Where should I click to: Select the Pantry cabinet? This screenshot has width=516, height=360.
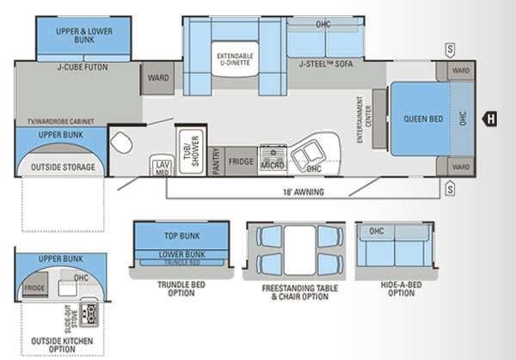pos(218,161)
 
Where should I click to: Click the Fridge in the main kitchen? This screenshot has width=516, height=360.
pos(242,161)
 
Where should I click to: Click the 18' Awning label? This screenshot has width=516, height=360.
pos(303,192)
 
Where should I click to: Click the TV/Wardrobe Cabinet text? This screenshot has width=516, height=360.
pos(60,122)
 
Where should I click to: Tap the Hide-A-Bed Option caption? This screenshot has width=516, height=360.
pos(395,288)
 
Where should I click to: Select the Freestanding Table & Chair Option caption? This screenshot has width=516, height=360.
pos(287,291)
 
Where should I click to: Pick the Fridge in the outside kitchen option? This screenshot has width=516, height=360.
pos(34,288)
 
